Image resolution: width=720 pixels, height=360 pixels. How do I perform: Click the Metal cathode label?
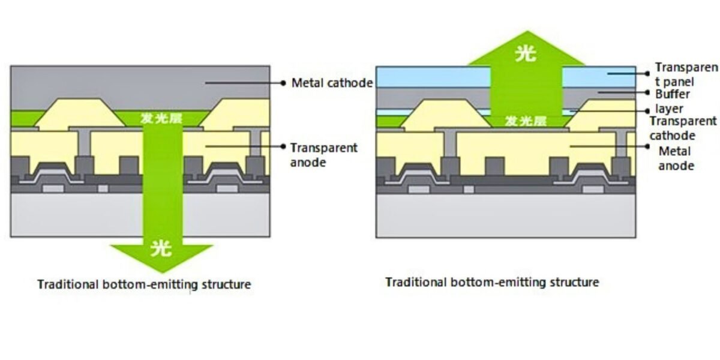(x=332, y=83)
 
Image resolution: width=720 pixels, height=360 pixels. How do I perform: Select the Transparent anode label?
(x=323, y=154)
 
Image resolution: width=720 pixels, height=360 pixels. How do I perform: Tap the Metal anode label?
(x=676, y=158)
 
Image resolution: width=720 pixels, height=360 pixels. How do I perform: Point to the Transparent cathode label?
(x=682, y=128)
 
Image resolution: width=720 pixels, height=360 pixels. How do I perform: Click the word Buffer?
(x=672, y=94)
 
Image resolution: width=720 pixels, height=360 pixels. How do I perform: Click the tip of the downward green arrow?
(x=161, y=271)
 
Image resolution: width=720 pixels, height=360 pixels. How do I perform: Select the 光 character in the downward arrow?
(x=161, y=247)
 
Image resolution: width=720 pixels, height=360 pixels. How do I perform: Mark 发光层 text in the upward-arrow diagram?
(x=526, y=121)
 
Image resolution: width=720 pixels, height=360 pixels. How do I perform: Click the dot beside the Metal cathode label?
(x=283, y=83)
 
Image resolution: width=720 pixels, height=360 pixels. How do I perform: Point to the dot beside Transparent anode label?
(x=282, y=146)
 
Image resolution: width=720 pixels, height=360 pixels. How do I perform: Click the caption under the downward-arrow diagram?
(x=144, y=284)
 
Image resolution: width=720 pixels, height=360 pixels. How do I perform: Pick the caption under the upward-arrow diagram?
(x=491, y=281)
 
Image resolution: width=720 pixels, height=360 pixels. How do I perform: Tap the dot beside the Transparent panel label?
(x=648, y=74)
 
